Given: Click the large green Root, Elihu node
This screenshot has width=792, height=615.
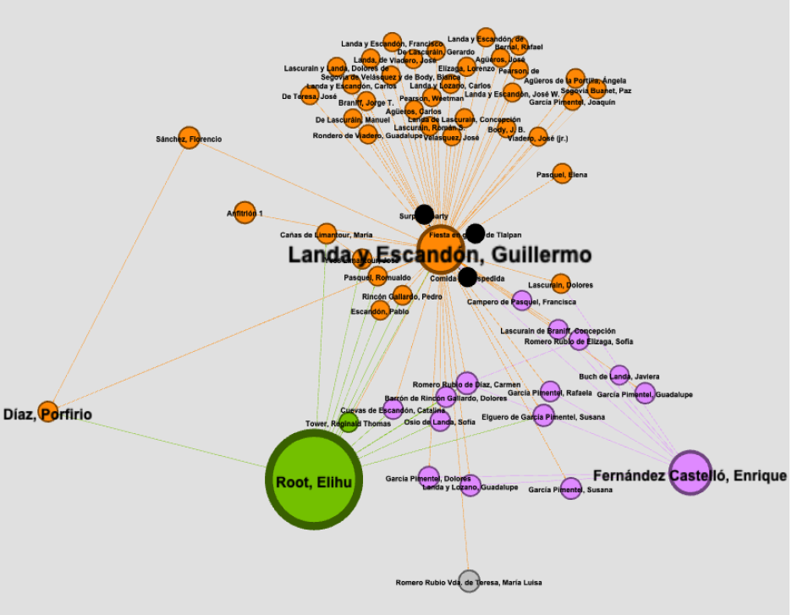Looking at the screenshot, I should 314,480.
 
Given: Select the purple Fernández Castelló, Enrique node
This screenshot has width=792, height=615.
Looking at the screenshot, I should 691,472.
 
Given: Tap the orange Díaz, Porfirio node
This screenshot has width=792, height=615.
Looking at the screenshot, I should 48,411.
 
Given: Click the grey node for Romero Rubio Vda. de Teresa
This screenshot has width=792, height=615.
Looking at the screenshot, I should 469,579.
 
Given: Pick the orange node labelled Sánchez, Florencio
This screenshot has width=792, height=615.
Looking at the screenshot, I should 190,138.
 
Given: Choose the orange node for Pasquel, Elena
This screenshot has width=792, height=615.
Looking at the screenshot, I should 562,173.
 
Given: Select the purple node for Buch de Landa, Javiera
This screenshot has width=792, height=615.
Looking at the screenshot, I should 619,375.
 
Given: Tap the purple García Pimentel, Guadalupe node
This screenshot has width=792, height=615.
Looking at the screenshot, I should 645,393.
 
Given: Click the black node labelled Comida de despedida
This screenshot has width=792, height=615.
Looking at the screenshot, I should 467,277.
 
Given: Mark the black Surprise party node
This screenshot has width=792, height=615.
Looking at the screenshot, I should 424,215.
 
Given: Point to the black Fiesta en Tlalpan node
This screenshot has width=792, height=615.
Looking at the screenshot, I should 475,233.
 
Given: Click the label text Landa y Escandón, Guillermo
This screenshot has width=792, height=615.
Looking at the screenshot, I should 439,255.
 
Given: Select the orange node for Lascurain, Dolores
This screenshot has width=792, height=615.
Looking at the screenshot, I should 560,283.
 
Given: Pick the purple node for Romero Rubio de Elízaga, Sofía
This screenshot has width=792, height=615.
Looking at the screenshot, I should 579,341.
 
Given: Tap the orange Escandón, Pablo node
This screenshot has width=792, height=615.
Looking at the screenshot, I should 381,311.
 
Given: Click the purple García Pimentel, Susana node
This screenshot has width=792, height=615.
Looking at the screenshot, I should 571,488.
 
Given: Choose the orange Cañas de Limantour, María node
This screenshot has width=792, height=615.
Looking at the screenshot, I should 326,233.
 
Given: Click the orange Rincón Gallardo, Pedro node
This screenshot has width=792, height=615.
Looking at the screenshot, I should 403,295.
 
